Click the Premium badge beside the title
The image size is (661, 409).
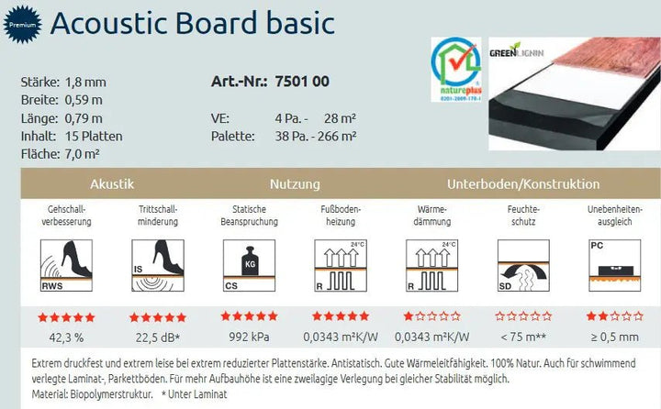22,26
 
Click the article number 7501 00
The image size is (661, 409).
302,82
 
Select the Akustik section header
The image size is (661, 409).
113,184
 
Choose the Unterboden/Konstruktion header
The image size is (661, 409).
523,184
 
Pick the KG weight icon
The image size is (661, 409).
249,265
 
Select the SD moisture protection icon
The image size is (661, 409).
522,265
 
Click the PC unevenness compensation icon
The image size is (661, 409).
614,265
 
